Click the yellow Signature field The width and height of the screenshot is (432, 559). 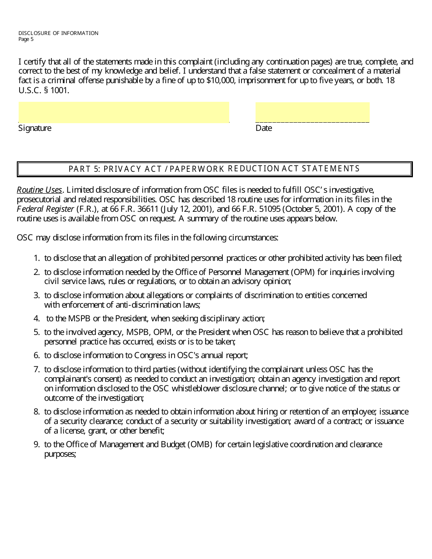pos(124,112)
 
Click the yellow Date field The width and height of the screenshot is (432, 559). pos(312,112)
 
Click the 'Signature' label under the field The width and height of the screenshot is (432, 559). pos(35,128)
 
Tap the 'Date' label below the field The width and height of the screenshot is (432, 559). pos(264,128)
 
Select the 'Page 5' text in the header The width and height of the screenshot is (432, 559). pos(26,39)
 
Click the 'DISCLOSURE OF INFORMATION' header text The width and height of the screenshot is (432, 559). pos(58,33)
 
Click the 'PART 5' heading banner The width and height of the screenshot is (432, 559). pos(214,169)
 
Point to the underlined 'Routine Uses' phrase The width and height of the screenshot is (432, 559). pos(39,190)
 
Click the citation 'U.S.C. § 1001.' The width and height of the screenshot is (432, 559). pos(44,90)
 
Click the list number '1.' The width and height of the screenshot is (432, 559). pos(36,258)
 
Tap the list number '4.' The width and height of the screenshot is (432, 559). pos(36,319)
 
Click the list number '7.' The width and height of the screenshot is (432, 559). pos(36,369)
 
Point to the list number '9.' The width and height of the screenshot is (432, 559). pos(36,444)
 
